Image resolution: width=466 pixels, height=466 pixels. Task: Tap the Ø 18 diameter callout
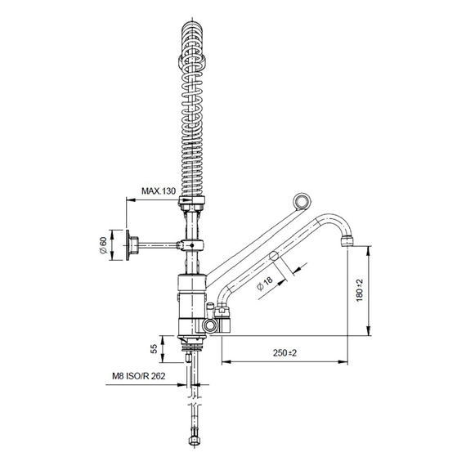(x=267, y=283)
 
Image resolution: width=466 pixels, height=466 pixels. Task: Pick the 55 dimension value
(x=154, y=348)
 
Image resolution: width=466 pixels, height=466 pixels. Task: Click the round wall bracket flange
(x=131, y=244)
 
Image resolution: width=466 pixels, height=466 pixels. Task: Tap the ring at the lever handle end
(x=303, y=201)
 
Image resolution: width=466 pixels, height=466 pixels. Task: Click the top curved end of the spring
(x=192, y=30)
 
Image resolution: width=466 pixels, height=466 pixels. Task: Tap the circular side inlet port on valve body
(x=213, y=325)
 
